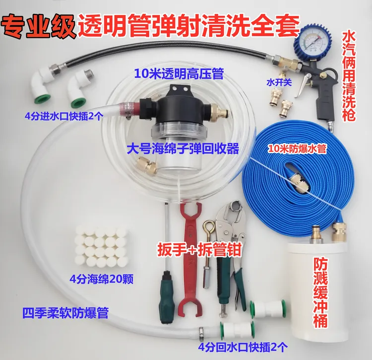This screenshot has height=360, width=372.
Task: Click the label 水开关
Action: pos(279,82)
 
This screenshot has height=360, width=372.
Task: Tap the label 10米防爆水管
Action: pos(297,149)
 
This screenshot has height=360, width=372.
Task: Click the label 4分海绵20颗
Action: pos(101,279)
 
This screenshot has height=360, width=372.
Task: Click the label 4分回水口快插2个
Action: pos(243,348)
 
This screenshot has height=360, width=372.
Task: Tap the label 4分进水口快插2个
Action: pos(64,117)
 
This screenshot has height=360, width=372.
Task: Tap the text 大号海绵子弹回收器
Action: pos(183,149)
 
